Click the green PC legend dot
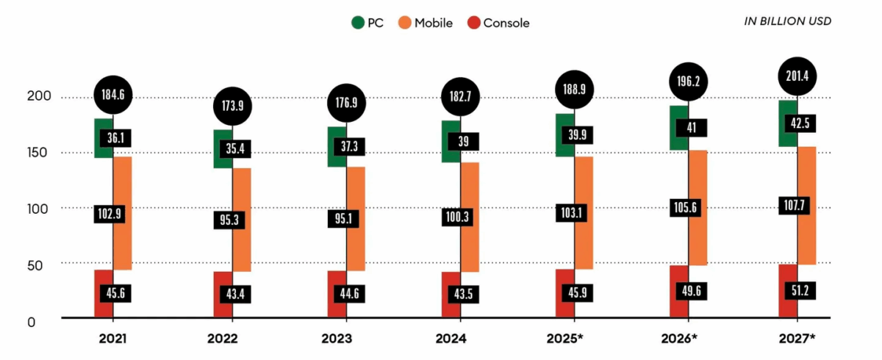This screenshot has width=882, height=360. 357,23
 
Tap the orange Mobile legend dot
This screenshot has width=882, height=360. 404,23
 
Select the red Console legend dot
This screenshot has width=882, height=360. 473,23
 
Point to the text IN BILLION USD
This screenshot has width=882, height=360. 787,21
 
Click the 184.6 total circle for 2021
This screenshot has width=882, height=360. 112,93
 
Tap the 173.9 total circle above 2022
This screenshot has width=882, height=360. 232,106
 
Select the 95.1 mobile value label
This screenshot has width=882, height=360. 347,218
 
